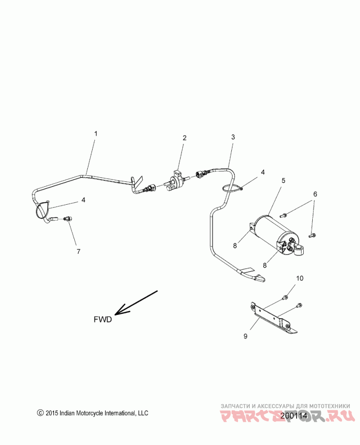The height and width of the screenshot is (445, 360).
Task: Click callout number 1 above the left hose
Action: point(95,134)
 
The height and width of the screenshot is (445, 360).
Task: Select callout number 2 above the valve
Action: point(184,138)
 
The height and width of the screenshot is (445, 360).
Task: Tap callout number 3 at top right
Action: point(233,136)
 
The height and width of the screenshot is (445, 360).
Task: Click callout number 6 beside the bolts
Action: point(315,194)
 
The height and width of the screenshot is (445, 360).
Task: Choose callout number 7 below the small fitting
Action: point(78,252)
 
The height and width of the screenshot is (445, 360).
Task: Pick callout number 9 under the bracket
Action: point(245,336)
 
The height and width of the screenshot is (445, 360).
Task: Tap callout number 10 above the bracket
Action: point(300,278)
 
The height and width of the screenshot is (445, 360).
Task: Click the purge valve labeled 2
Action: point(176,181)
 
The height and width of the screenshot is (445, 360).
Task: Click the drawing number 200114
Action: point(293,416)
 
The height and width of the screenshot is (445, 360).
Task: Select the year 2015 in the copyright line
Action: point(52,413)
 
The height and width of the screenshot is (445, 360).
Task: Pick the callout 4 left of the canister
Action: point(263,172)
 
